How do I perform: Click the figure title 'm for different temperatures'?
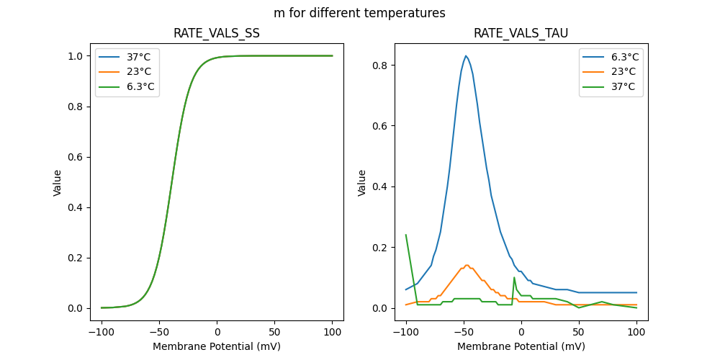[359, 13]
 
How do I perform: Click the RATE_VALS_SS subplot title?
[217, 33]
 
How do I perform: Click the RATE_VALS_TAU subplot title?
[521, 33]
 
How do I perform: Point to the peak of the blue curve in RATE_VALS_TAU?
[466, 55]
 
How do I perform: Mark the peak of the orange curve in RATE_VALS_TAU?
[467, 265]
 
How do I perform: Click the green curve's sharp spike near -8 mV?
[514, 277]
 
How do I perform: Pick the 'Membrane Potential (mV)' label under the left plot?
[217, 346]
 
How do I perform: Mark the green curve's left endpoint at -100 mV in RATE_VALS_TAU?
[406, 235]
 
